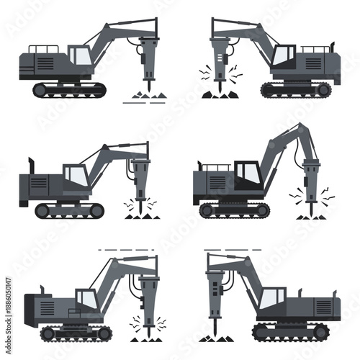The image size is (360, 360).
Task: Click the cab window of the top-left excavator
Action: click(x=80, y=55)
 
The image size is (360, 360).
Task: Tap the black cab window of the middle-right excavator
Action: click(x=248, y=173)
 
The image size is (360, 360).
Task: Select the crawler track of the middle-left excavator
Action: click(x=69, y=210)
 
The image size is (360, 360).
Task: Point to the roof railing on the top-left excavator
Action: click(x=42, y=49)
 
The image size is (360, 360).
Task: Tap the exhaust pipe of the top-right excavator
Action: click(x=333, y=45)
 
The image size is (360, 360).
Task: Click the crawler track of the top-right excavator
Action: click(x=296, y=89)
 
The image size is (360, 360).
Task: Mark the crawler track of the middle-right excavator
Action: click(x=234, y=210)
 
